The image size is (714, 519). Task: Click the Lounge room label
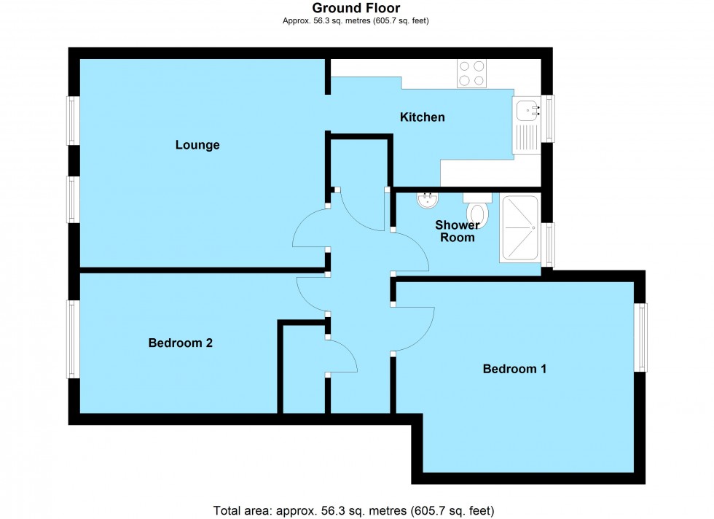click(197, 145)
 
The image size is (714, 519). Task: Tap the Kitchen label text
click(422, 117)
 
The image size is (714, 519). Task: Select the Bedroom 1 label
click(514, 369)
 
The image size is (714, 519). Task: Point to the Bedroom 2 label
click(181, 343)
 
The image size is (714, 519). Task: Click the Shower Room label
click(458, 231)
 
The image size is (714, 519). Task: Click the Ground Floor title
click(356, 8)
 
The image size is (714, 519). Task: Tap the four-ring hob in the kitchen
click(471, 74)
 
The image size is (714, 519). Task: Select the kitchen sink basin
click(527, 110)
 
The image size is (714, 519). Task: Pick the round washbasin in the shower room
click(428, 200)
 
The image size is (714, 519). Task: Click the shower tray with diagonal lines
click(520, 228)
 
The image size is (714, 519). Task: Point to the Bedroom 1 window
click(641, 337)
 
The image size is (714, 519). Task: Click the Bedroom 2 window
click(73, 339)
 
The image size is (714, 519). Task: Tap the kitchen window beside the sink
click(549, 119)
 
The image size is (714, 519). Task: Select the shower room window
click(548, 245)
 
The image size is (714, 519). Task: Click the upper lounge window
click(73, 121)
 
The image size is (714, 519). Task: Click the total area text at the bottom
click(354, 511)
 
